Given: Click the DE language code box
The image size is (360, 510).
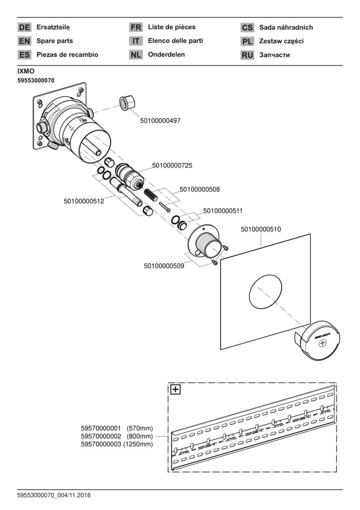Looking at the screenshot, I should [x=24, y=27].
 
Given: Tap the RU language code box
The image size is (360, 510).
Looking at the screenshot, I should [x=247, y=55].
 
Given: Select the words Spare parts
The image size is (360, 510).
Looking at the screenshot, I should [x=55, y=41].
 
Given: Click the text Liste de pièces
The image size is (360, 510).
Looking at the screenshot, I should [x=172, y=27].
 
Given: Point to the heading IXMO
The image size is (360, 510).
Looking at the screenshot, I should [x=26, y=71].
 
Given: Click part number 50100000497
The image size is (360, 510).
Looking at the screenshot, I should [x=160, y=121].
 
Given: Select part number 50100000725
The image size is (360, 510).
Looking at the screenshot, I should [x=172, y=166].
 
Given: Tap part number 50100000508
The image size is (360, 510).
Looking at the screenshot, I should [x=200, y=189].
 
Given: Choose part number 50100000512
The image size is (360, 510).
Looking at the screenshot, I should [x=84, y=201].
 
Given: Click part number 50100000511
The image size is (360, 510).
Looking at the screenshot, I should [x=223, y=211].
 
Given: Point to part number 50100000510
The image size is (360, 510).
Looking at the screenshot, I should [x=261, y=229].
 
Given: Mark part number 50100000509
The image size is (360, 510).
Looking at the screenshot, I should [x=164, y=266].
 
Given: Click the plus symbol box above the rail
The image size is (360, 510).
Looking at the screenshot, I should [x=176, y=390].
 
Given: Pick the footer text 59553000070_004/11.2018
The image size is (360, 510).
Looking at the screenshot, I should [x=54, y=495].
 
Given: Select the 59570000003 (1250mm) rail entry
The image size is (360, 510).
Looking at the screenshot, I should [x=117, y=444].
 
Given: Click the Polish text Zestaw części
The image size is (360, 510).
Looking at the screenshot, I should [x=281, y=41].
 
